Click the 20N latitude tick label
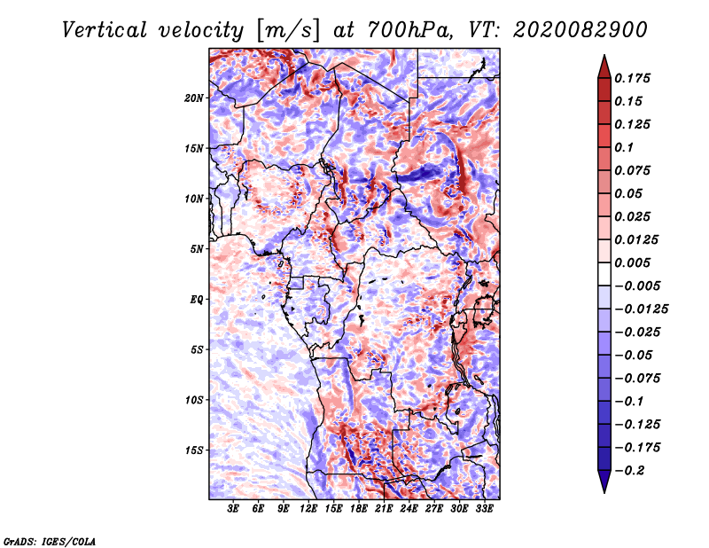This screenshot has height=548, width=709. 194,98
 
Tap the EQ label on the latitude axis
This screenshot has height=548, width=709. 196,300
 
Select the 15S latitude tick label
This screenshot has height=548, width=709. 194,450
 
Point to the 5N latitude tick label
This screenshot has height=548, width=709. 197,249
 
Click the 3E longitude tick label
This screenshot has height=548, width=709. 233,509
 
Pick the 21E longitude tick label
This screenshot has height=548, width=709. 384,509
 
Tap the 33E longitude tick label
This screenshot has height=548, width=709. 484,509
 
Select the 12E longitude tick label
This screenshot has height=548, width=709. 308,509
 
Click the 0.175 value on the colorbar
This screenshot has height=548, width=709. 632,78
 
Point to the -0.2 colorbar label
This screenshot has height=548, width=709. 630,471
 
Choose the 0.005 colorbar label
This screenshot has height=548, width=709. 632,262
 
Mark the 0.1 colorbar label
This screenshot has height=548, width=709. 624,147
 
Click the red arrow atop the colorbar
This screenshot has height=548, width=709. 604,67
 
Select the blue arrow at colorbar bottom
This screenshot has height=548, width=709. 604,481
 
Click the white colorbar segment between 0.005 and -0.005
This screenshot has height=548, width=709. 604,274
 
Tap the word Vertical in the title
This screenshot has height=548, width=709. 104,30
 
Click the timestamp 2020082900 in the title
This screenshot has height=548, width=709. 580,30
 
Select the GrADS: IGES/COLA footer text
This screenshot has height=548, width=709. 50,541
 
